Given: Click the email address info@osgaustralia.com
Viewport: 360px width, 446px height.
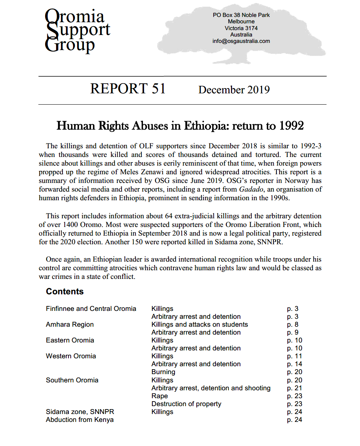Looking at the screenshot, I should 241,41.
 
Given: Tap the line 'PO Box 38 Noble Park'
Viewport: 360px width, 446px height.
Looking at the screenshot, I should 241,15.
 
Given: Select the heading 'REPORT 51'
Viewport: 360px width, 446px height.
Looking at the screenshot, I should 128,88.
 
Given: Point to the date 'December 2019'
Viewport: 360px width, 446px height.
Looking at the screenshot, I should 234,90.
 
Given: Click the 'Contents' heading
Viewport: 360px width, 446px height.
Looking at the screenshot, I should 65,291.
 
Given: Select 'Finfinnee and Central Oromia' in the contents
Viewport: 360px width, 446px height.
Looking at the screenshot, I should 91,309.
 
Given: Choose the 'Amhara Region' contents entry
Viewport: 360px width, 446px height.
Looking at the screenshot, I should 70,324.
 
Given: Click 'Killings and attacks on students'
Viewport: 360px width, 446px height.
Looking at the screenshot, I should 200,324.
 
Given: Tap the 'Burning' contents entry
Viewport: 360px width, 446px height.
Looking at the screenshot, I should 163,372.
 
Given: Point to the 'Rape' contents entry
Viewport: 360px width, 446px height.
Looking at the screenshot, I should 159,396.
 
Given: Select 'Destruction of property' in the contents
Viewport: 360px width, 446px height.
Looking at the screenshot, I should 186,404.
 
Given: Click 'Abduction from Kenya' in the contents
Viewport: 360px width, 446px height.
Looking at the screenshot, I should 80,420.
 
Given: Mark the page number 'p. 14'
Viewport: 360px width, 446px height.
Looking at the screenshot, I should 295,364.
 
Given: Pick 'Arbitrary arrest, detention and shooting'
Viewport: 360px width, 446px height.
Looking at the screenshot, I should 211,388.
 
